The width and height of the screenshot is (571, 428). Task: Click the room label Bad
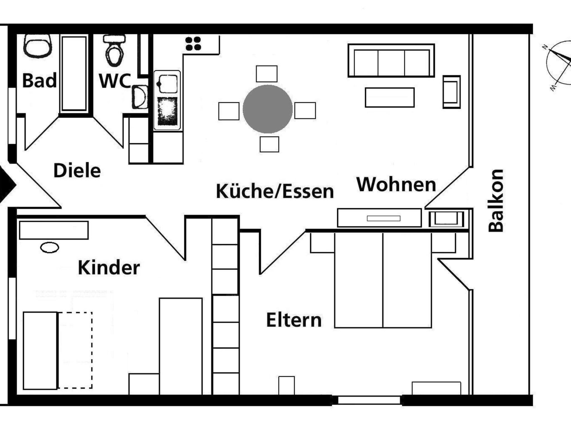[39, 81]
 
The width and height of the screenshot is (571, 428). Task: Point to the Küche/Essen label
[275, 191]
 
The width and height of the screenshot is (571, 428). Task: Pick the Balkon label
[496, 201]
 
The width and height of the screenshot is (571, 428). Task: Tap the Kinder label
[109, 268]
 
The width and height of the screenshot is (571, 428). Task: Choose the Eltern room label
[294, 320]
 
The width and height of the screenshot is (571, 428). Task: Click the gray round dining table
[268, 109]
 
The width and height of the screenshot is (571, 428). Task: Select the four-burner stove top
[193, 44]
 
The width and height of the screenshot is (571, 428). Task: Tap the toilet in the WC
[114, 51]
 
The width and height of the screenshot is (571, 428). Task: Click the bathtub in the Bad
[74, 74]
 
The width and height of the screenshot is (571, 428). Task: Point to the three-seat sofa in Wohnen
[391, 60]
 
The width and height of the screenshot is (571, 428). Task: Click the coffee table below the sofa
[390, 98]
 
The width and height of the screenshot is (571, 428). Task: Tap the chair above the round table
[267, 74]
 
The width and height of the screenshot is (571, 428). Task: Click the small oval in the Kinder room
[50, 247]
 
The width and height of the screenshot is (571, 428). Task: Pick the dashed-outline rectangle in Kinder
[75, 350]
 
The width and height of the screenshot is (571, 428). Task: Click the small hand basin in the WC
[139, 97]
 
